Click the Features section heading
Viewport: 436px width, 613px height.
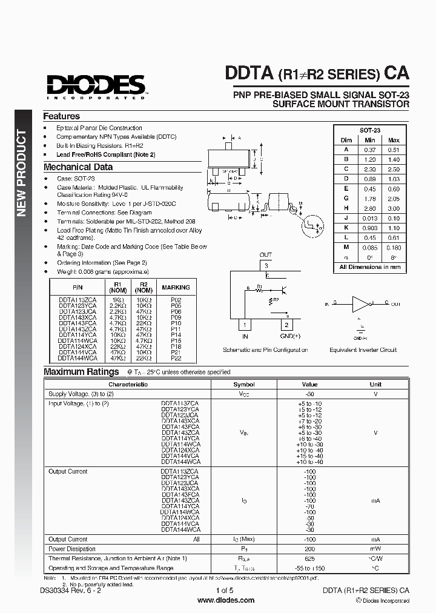(62, 116)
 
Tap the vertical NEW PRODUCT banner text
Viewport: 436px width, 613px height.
(22, 173)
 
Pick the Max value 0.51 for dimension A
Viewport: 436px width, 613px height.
(394, 150)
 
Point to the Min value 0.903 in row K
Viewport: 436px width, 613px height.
(369, 228)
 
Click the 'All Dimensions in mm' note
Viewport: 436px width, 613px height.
(369, 267)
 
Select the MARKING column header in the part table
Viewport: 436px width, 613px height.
(176, 287)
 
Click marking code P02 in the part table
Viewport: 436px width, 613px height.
(176, 300)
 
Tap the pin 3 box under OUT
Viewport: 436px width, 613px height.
(265, 266)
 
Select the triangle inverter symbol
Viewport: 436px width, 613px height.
(360, 303)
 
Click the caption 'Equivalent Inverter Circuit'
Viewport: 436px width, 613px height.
(363, 350)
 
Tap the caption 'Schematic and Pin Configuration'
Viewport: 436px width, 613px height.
(265, 350)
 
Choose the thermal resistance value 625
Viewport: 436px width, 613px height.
(309, 558)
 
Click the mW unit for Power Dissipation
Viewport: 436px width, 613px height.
(375, 548)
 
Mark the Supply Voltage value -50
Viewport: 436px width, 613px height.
(309, 394)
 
